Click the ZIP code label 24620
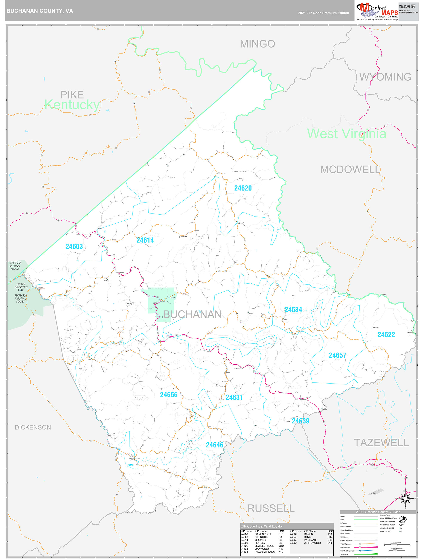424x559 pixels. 243,188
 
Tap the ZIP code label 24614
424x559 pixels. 145,240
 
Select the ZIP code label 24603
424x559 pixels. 74,247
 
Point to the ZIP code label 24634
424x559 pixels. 293,310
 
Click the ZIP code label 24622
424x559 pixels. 386,335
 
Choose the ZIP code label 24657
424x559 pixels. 337,356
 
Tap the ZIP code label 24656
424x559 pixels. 169,395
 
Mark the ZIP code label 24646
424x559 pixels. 214,445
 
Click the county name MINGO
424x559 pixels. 257,44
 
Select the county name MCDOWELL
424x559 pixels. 350,170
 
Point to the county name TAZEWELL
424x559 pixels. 381,443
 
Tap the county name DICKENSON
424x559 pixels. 33,427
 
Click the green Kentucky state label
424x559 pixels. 72,105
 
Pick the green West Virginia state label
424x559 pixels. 346,134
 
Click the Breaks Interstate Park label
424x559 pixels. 21,287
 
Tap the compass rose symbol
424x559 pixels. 405,499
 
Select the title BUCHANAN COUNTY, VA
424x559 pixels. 40,11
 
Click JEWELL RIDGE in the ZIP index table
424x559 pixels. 264,546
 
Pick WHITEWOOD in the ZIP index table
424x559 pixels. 312,543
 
